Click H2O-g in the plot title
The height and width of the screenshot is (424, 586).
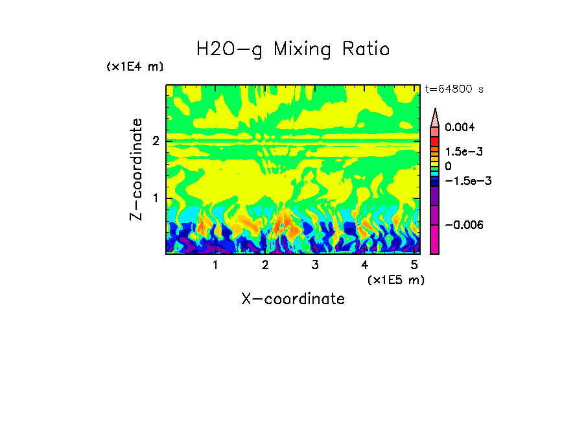click(229, 49)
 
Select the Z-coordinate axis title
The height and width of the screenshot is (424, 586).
click(136, 169)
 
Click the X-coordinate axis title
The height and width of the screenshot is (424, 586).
click(293, 299)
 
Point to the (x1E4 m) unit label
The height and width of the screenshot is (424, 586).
click(135, 67)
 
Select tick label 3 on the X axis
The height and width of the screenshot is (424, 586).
click(314, 265)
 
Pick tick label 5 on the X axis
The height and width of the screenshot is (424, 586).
click(414, 265)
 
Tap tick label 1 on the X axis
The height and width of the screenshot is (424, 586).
click(215, 265)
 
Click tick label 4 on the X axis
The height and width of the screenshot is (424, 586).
click(364, 265)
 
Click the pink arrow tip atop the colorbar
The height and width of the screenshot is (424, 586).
click(435, 117)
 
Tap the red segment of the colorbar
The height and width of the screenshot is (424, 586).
click(435, 141)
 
